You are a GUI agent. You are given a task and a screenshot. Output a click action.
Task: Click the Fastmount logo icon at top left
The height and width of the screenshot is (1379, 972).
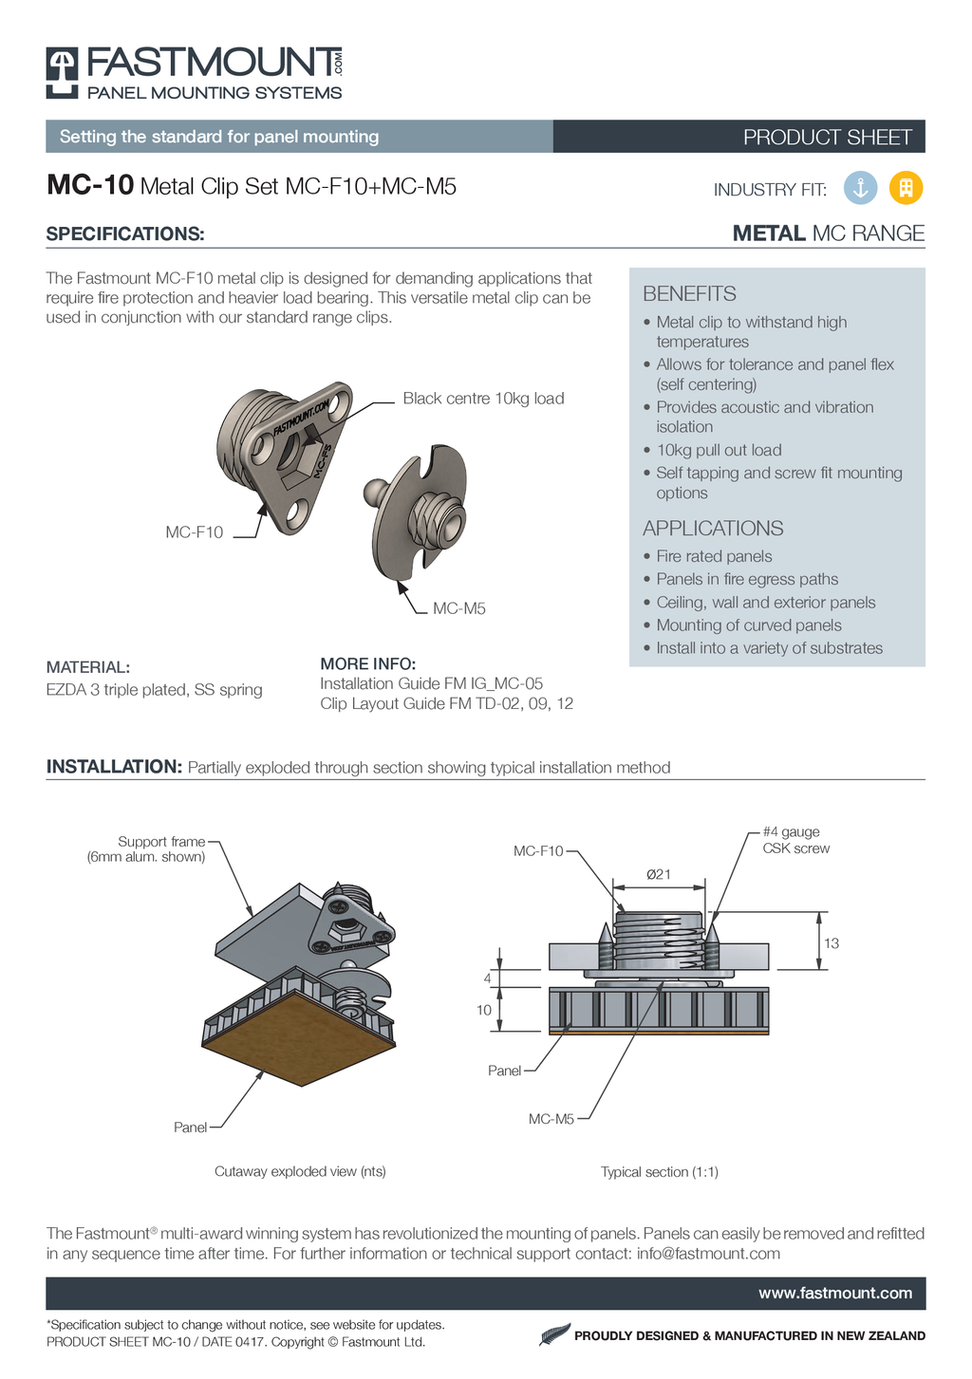(63, 72)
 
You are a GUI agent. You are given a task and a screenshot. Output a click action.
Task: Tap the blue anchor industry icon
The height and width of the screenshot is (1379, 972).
(860, 188)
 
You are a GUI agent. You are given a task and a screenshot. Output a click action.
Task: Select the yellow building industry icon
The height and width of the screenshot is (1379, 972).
(906, 188)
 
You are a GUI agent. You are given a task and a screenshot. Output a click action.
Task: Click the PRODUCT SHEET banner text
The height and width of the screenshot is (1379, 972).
(827, 138)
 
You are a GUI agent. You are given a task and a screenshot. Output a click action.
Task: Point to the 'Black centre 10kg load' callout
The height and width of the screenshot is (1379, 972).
(483, 399)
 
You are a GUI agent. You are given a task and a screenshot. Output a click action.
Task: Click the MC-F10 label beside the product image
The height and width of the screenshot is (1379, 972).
(195, 532)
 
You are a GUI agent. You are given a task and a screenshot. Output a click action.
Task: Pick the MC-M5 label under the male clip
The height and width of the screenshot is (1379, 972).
(459, 608)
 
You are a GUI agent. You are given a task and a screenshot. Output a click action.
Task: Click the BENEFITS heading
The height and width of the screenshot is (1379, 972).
(689, 294)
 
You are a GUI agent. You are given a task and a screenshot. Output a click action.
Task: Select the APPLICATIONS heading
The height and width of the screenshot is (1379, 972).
(713, 529)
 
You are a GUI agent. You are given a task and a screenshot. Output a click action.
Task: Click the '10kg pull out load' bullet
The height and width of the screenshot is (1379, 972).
(719, 450)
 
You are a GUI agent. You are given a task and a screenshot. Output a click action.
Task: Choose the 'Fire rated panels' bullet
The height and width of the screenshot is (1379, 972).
(714, 556)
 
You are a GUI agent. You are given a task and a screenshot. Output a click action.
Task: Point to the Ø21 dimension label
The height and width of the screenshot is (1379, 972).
(659, 874)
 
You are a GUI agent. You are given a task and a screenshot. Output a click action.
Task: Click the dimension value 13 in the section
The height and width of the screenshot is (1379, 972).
(832, 943)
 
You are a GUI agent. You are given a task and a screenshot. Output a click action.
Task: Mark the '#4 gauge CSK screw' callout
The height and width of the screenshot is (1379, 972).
(795, 840)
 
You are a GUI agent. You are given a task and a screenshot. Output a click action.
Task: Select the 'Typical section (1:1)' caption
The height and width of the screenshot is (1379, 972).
(659, 1172)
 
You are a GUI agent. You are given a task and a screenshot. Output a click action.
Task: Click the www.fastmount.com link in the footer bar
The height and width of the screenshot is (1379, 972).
(835, 1294)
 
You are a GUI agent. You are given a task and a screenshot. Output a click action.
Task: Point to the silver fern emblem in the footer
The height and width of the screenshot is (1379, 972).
(554, 1334)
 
